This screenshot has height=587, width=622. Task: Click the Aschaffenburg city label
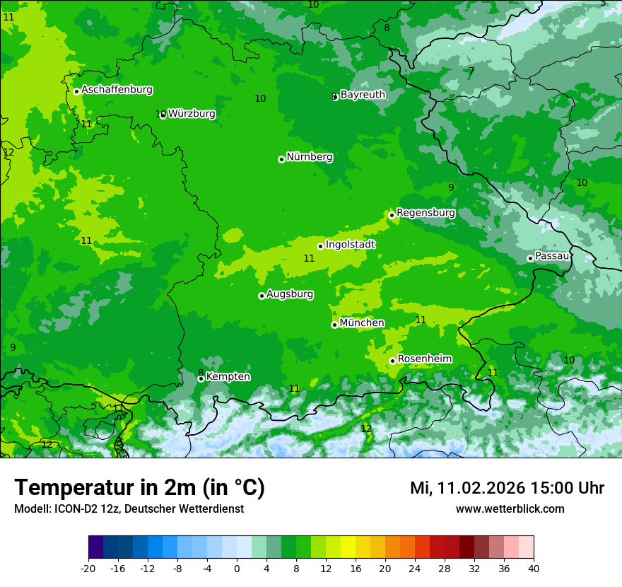[117, 90]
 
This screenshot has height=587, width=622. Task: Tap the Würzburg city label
[192, 113]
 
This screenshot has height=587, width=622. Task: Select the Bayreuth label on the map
[363, 94]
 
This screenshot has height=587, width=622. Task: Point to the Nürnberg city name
[309, 157]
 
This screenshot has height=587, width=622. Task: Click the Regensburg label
[426, 212]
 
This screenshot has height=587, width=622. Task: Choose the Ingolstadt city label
[350, 245]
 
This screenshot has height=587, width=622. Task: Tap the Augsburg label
[290, 294]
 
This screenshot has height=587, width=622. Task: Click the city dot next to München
[334, 325]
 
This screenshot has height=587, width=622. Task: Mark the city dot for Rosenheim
[392, 361]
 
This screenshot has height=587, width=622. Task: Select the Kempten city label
[228, 377]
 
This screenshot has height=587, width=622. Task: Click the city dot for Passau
[530, 258]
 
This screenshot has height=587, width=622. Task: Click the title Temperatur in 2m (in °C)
[139, 488]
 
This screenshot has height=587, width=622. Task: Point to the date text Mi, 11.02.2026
[466, 488]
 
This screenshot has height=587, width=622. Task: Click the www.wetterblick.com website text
[510, 509]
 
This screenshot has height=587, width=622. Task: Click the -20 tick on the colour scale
[88, 569]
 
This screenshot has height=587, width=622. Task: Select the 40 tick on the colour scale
[534, 569]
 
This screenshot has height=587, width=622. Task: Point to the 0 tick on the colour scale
[237, 569]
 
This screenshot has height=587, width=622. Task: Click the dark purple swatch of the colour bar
[96, 547]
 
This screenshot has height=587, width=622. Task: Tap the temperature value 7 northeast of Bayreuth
[471, 71]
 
